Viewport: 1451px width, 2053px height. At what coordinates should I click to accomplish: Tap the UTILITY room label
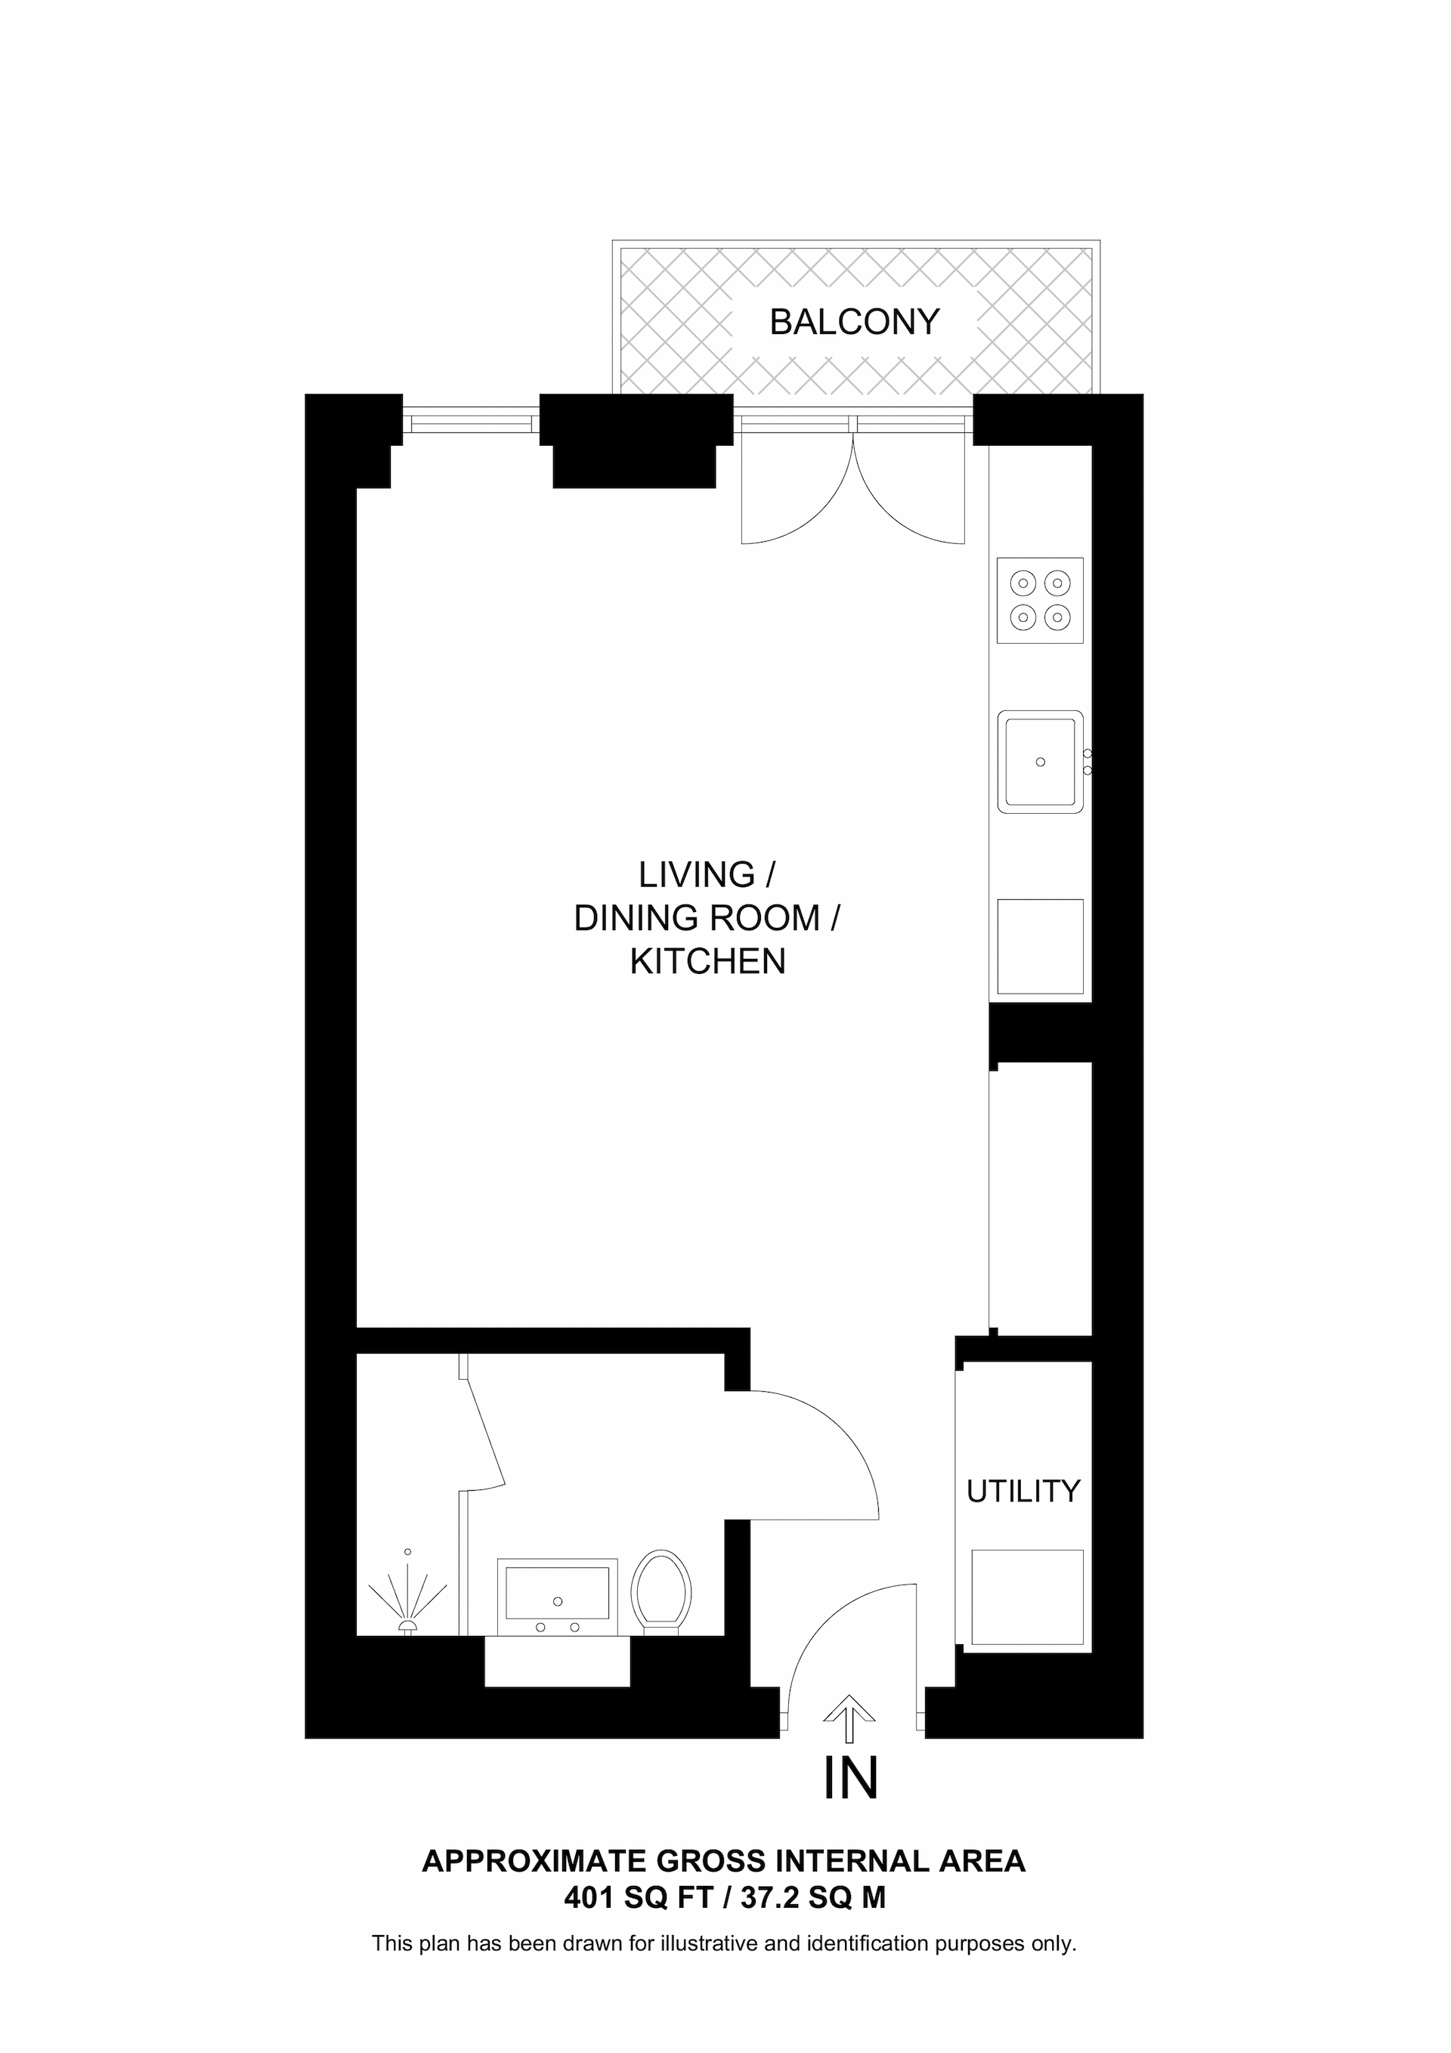(1023, 1492)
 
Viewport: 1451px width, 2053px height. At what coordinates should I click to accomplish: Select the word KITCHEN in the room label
(707, 961)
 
